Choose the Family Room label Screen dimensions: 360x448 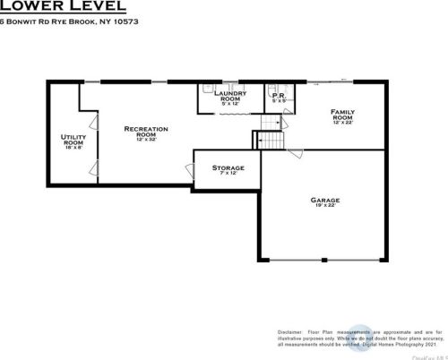point(342,115)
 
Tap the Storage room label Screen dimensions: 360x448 point(228,167)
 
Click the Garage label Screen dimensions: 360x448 point(324,201)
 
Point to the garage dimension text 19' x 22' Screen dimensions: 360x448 point(324,207)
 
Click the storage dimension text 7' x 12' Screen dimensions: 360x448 point(228,174)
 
